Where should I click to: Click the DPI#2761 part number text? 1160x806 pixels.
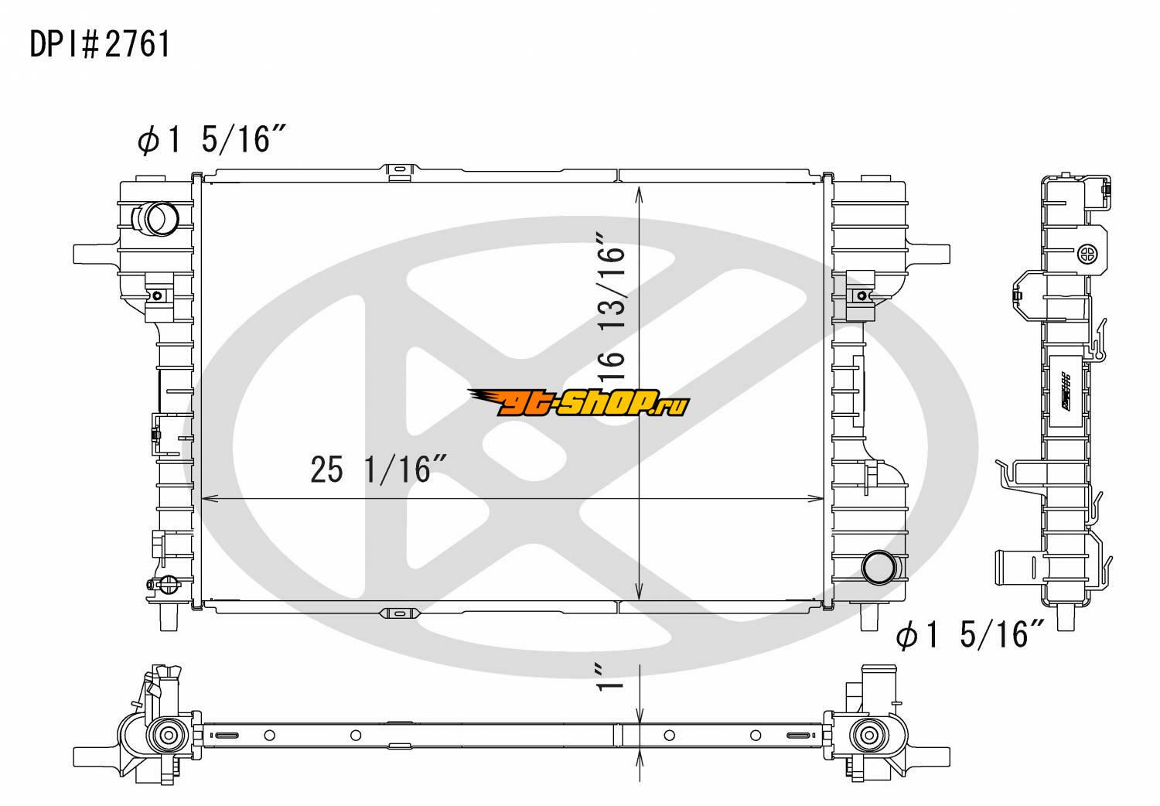tap(100, 45)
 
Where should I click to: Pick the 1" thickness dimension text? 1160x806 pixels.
tap(610, 677)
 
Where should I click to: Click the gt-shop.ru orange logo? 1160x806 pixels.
tap(578, 403)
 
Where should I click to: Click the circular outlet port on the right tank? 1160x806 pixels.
tap(879, 567)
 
